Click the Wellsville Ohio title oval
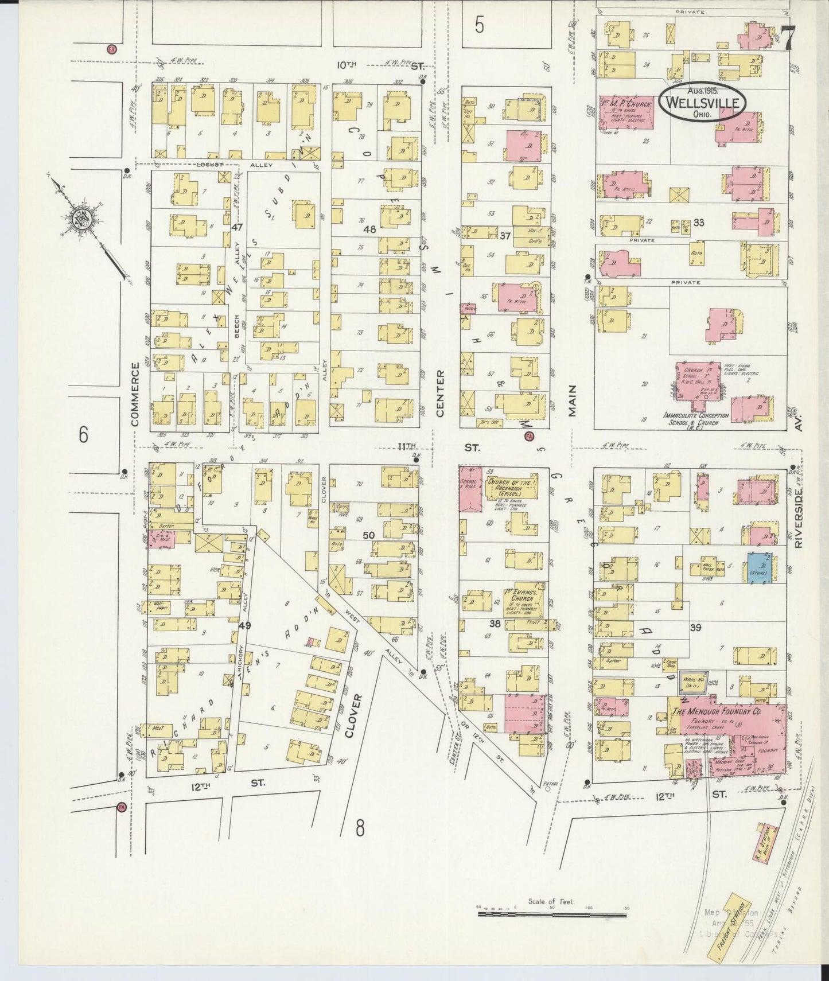[x=702, y=104]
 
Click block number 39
[x=695, y=628]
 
